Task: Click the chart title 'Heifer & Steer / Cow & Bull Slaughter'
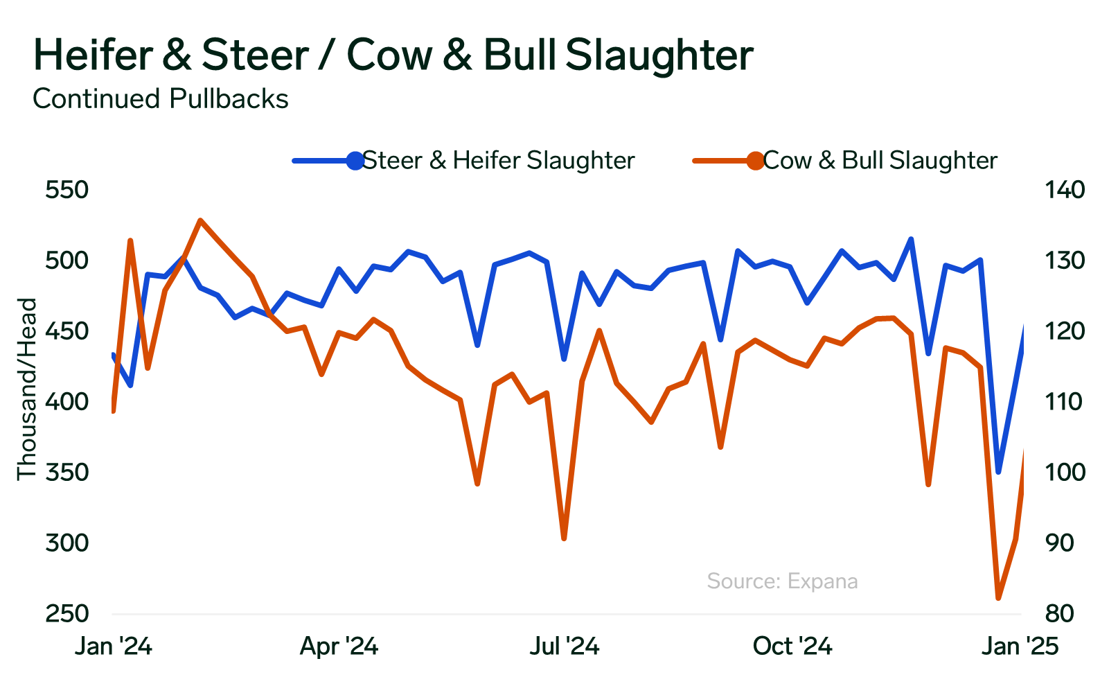click(393, 55)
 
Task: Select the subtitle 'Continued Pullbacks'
click(161, 99)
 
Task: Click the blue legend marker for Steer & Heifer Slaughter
click(355, 161)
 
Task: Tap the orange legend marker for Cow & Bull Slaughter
click(755, 161)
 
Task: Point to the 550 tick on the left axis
click(67, 190)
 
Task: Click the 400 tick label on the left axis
click(67, 402)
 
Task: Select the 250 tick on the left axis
click(67, 614)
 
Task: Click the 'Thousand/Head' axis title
click(26, 389)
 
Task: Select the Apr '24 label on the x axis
click(339, 647)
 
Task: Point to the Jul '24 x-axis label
click(565, 647)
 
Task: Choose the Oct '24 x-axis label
click(792, 647)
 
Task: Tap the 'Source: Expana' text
click(782, 581)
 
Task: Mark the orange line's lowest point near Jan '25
click(998, 598)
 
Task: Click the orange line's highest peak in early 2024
click(199, 220)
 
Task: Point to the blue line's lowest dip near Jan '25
click(998, 472)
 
